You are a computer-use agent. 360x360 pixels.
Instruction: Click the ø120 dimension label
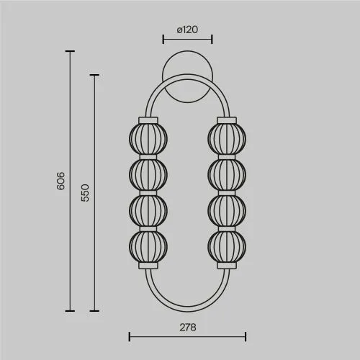(x=187, y=30)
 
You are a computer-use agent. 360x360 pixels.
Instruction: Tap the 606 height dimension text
(x=60, y=181)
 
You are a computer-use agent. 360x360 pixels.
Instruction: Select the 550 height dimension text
(x=85, y=193)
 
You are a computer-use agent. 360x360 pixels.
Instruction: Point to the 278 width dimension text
(x=188, y=328)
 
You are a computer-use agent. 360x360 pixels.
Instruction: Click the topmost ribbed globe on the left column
(x=148, y=139)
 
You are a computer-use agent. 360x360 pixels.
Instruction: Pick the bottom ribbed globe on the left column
(x=148, y=246)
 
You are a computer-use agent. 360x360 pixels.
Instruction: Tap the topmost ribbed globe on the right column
(x=227, y=139)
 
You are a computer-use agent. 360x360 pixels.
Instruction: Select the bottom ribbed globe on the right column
(x=227, y=246)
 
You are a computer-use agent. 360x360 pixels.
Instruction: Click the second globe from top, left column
(x=148, y=174)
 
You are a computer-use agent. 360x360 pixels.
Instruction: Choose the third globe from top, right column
(x=227, y=210)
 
